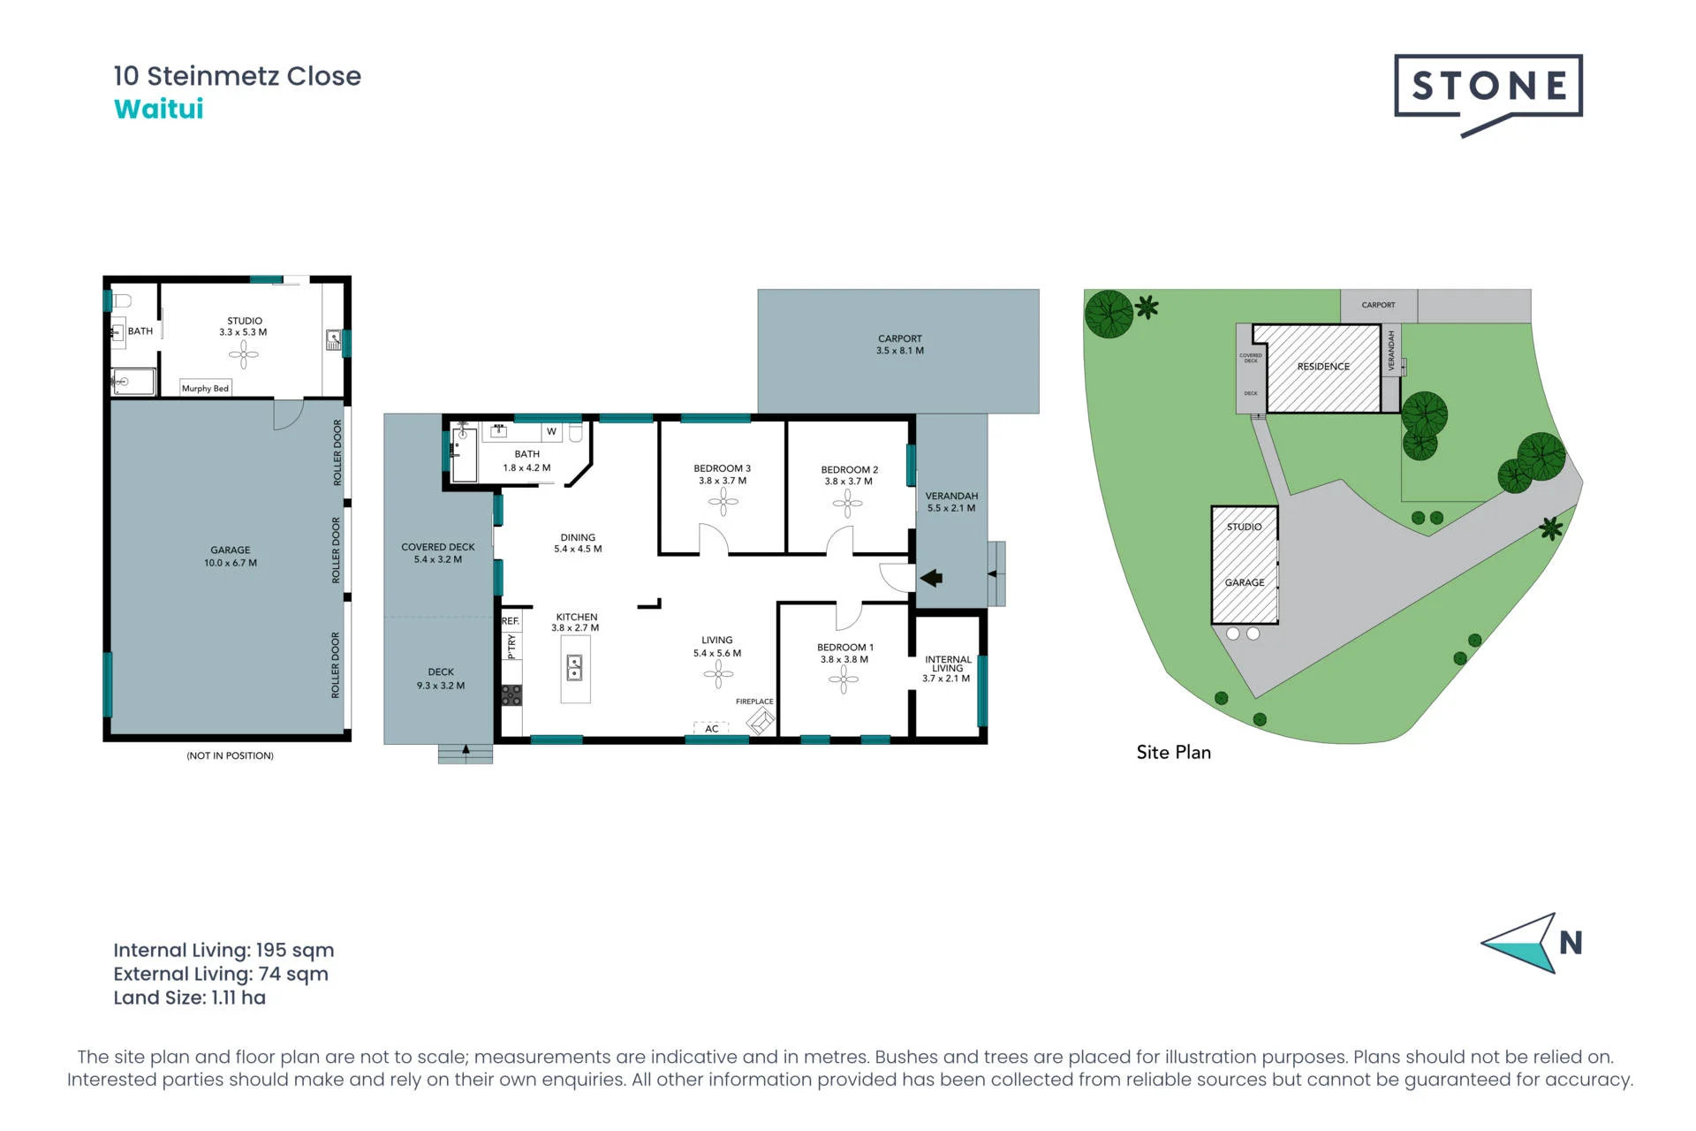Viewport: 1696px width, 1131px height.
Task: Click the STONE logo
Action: [x=1488, y=94]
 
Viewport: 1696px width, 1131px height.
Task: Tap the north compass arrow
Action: [x=1519, y=944]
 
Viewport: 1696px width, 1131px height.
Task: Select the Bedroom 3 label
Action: [x=723, y=474]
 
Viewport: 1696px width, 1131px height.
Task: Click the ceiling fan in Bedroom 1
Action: [x=844, y=679]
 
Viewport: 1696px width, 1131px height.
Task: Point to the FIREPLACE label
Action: [x=754, y=702]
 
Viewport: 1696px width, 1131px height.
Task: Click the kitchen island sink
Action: [x=574, y=667]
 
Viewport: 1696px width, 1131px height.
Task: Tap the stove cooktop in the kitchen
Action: [x=511, y=695]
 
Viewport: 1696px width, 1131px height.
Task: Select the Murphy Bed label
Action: [x=205, y=388]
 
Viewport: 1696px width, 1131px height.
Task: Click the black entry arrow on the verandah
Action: [x=931, y=578]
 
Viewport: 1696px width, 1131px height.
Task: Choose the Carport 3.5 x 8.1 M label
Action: [x=900, y=345]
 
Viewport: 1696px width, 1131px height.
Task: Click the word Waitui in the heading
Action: [x=159, y=109]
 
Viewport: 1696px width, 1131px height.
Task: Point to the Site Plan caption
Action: [x=1174, y=752]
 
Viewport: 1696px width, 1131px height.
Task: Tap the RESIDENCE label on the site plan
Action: [x=1323, y=367]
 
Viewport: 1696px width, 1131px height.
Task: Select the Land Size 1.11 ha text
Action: [x=189, y=998]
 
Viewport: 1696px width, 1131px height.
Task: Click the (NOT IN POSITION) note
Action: [x=230, y=755]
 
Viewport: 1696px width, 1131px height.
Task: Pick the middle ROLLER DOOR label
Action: [x=336, y=550]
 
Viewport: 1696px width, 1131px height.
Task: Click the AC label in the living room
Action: [x=712, y=729]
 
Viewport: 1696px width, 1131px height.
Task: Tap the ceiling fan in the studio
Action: [x=244, y=355]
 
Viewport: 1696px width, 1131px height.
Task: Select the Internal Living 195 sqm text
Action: [x=223, y=950]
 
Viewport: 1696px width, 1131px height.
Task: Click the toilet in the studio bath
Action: [x=123, y=301]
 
